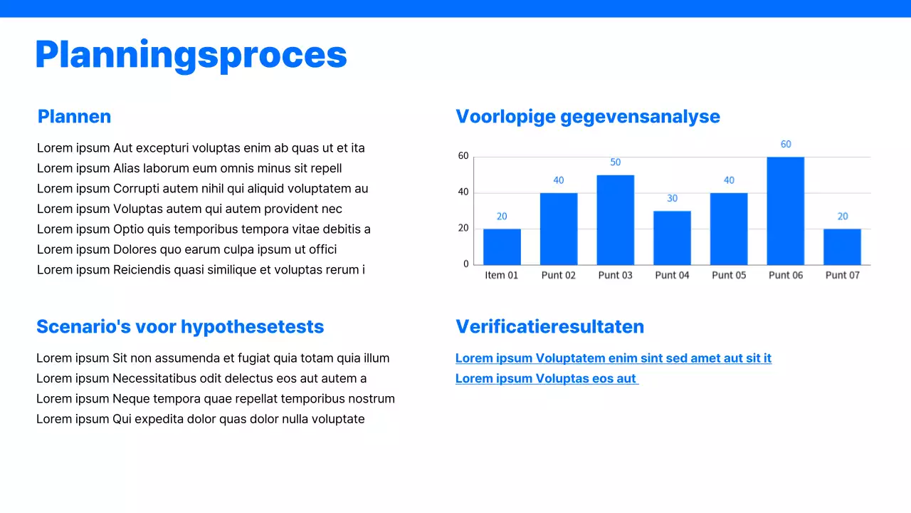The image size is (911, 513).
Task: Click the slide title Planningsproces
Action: pyautogui.click(x=191, y=55)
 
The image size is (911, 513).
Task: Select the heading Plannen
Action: pyautogui.click(x=74, y=116)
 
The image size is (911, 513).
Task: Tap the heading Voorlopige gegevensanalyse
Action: pyautogui.click(x=587, y=116)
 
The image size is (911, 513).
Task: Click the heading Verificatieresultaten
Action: pyautogui.click(x=549, y=326)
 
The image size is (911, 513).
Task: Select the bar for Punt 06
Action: pyautogui.click(x=785, y=211)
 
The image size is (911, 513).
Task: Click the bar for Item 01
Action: pyautogui.click(x=502, y=247)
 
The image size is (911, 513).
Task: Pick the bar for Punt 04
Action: pyautogui.click(x=672, y=238)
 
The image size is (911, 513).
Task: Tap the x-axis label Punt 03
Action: pyautogui.click(x=615, y=275)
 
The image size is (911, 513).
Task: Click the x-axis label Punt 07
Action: pyautogui.click(x=842, y=275)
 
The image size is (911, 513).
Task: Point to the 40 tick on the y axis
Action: pyautogui.click(x=463, y=192)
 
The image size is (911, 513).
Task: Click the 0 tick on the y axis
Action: pyautogui.click(x=466, y=264)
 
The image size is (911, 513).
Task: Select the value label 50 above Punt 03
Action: pyautogui.click(x=615, y=162)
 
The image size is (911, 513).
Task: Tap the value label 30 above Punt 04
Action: pyautogui.click(x=672, y=198)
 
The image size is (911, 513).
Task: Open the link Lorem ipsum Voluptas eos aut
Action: pyautogui.click(x=546, y=378)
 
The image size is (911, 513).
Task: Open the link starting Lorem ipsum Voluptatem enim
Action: pyautogui.click(x=613, y=358)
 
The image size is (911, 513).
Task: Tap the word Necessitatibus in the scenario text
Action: pyautogui.click(x=156, y=378)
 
